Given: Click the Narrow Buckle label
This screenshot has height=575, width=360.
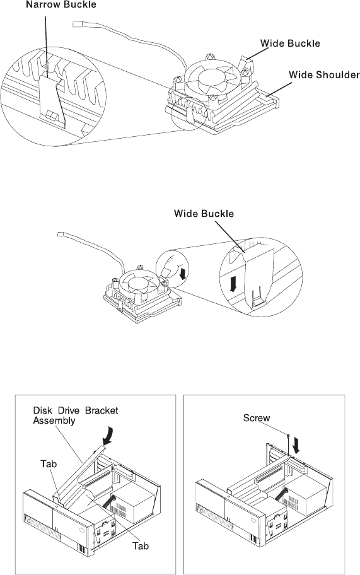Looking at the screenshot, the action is click(x=61, y=5).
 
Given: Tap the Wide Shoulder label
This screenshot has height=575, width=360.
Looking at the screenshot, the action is click(x=324, y=75).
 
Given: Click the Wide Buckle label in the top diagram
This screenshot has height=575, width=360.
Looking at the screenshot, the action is click(x=290, y=44).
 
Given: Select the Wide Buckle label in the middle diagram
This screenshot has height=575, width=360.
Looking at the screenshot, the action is click(x=204, y=214).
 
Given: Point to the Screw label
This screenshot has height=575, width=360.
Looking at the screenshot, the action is click(x=257, y=418).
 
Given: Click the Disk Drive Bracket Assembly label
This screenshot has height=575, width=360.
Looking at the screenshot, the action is click(x=76, y=415).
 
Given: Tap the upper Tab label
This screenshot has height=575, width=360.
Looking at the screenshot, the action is click(x=49, y=464).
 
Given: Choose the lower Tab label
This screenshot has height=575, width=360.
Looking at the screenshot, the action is click(x=141, y=546).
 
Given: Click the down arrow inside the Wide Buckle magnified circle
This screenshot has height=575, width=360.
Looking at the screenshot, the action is click(x=233, y=284).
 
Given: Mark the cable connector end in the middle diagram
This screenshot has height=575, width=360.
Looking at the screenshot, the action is click(x=61, y=234).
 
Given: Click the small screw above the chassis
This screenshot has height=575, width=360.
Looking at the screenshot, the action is click(x=289, y=436).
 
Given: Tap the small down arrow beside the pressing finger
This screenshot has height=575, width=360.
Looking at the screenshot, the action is click(x=180, y=273).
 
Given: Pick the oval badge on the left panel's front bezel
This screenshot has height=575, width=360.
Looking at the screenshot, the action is click(x=81, y=530).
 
